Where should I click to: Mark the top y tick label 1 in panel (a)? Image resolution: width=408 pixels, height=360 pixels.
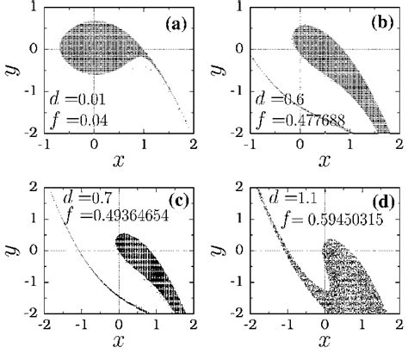point(34,9)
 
